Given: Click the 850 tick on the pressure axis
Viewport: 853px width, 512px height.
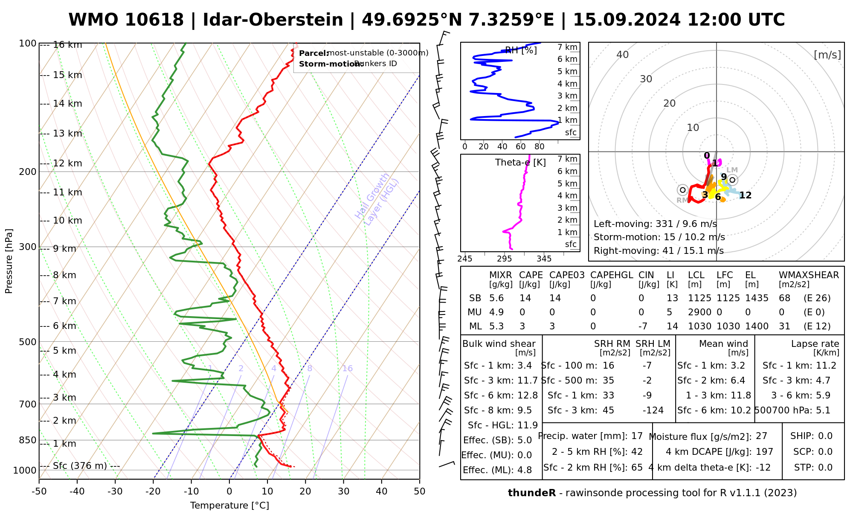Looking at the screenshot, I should point(28,440).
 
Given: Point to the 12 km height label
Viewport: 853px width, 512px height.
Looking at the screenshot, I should point(67,163).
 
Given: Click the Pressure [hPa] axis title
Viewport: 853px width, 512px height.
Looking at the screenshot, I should point(9,261).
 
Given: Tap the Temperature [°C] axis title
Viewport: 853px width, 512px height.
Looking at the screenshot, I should point(229,506).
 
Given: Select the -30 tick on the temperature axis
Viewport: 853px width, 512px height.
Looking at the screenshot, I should point(115,492).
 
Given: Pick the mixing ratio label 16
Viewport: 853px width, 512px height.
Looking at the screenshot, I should point(347,369).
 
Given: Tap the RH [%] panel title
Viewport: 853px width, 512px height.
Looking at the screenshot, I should point(521,50).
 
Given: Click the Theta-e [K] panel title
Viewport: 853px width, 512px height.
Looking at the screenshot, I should point(520,163).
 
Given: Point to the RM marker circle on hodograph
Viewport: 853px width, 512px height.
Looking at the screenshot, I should point(682,190).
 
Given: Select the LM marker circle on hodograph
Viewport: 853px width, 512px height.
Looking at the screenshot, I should point(732,180).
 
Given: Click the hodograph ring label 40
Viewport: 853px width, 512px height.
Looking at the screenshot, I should point(623,55).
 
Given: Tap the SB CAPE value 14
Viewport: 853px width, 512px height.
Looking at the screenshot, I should point(525,298).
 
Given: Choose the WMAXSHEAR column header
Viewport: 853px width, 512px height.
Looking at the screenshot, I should point(809,275).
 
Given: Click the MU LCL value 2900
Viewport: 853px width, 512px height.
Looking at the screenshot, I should point(699,312).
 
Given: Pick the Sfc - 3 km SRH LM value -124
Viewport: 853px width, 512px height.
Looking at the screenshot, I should point(653,410).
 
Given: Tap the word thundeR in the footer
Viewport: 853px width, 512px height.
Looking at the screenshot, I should point(532,493).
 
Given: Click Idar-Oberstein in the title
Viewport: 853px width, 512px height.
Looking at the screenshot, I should point(273,20).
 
